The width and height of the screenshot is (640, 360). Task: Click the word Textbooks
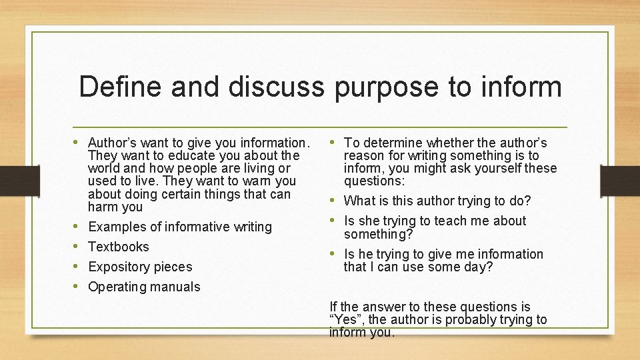(119, 247)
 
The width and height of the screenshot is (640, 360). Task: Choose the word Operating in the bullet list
(117, 287)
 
